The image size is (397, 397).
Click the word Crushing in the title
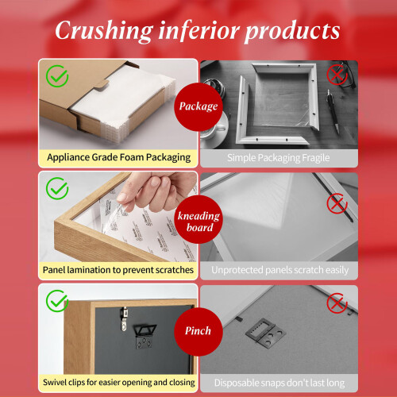coord(104,31)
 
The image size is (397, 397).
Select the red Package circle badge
coord(198,106)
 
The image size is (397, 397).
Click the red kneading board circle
coord(198,219)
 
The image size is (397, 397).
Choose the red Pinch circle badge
coord(198,332)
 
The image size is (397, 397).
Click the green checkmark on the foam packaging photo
coord(57,76)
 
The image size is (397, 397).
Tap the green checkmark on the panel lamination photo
coord(57,188)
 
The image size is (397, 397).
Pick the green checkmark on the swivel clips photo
coord(57,301)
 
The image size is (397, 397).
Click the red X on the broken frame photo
coord(337,75)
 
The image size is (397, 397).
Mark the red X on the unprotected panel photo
coord(337,203)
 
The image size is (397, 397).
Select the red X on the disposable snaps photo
coord(337,303)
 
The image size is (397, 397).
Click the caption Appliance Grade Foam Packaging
coord(119,158)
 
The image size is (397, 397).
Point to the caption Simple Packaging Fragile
coord(279,158)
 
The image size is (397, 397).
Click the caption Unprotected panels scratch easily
coord(279,270)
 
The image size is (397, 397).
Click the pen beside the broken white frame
coord(333,111)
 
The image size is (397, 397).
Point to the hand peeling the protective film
coord(156,191)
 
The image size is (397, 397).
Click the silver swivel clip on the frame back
coord(124,318)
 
